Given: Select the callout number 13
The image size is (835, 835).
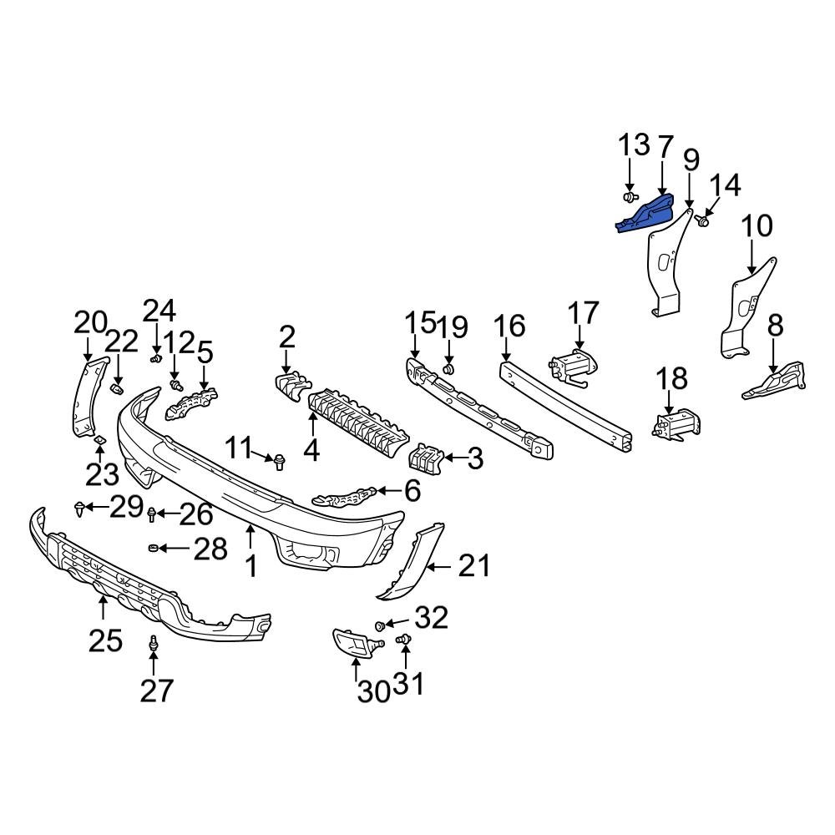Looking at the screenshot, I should (x=634, y=145).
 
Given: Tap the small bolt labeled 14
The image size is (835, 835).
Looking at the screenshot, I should (x=703, y=221).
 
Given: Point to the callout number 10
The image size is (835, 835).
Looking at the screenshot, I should (x=757, y=226).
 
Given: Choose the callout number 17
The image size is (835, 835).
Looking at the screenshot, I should (x=584, y=313).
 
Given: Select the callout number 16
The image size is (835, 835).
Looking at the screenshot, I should (x=509, y=326).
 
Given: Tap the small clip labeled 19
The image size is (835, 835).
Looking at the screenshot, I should (x=448, y=368).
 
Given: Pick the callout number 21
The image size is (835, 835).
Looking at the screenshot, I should (x=473, y=567).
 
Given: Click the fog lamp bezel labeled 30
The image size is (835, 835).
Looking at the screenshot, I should (x=355, y=643).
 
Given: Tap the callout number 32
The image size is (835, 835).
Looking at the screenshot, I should (x=432, y=619).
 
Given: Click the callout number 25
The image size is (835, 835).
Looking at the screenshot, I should (x=106, y=640).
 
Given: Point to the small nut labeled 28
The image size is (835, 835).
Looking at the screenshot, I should (x=154, y=548).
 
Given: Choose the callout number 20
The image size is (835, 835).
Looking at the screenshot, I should (x=91, y=322).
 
